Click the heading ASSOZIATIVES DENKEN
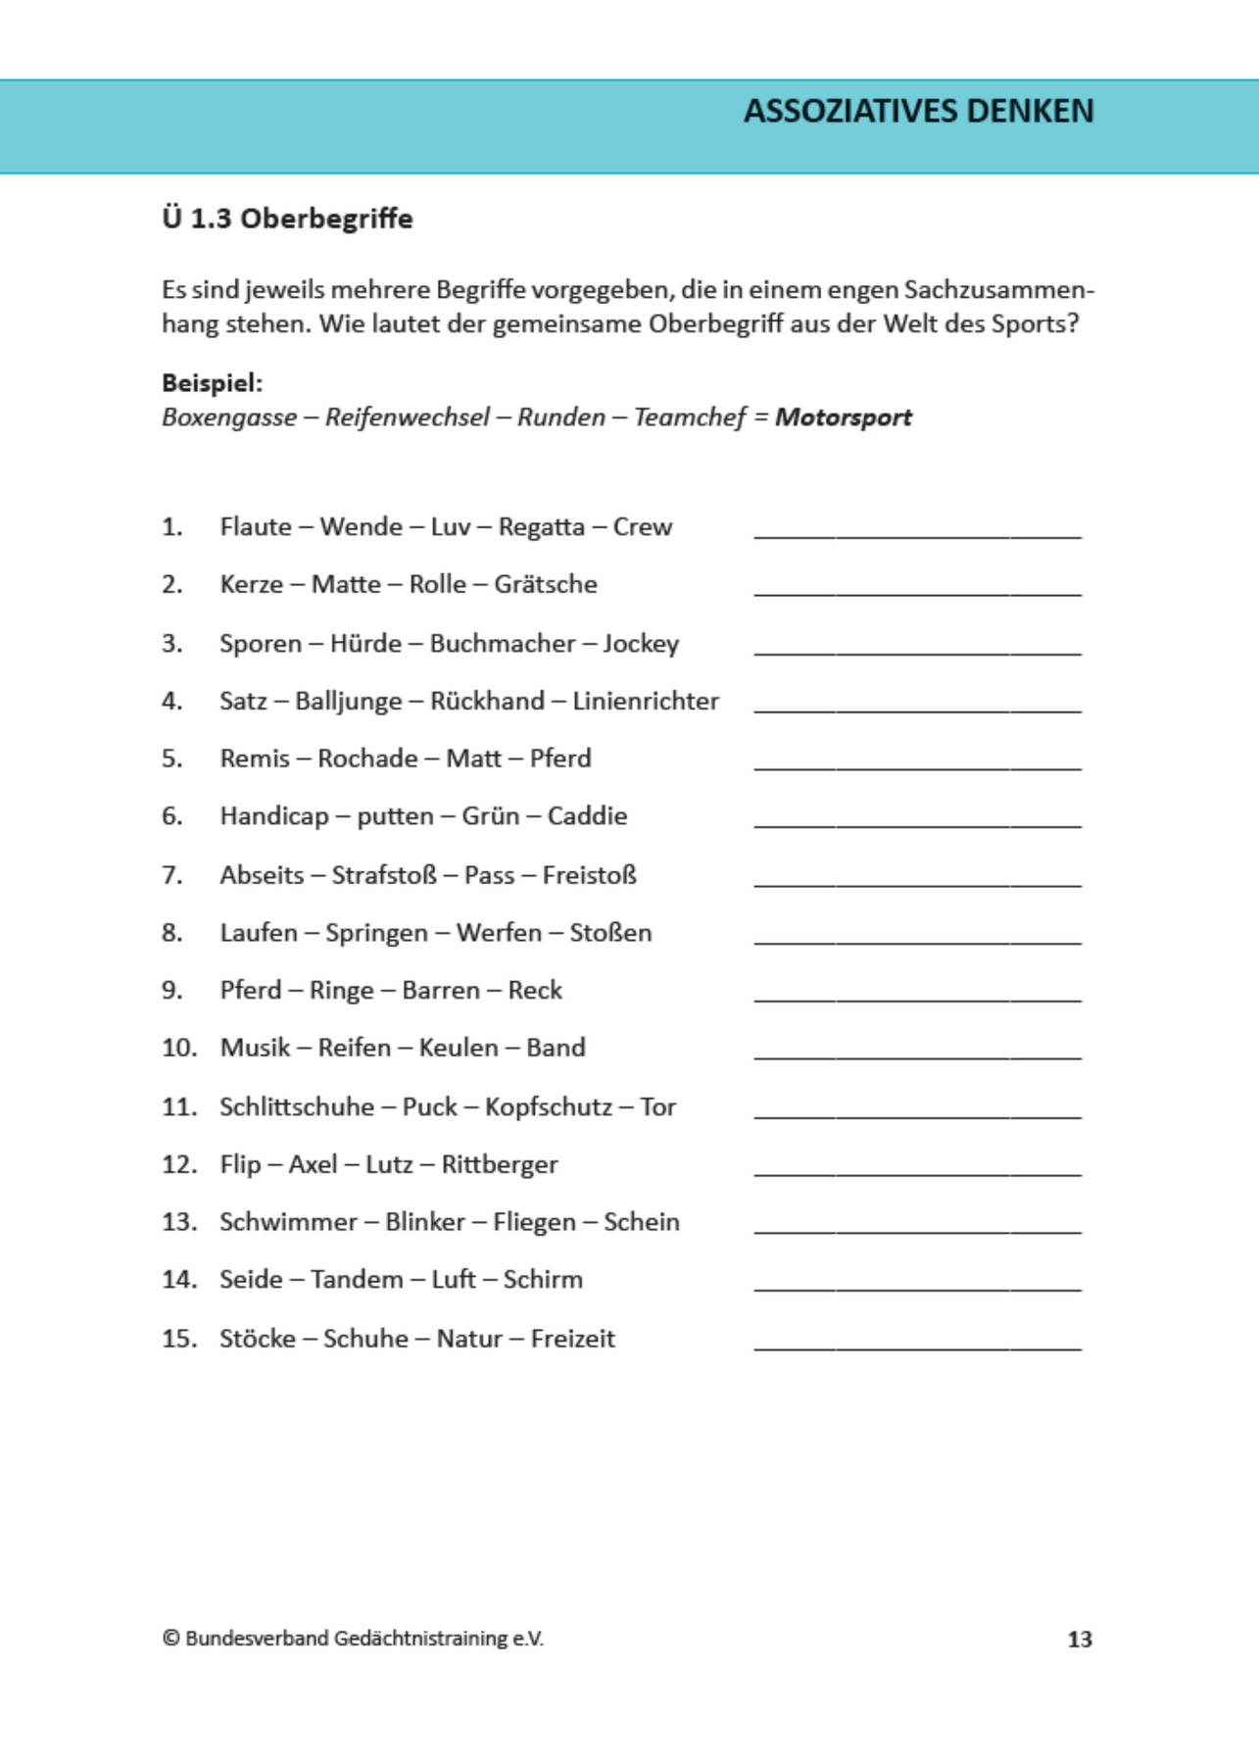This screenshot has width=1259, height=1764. coord(918,111)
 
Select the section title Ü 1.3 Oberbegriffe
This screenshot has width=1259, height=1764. coord(287,218)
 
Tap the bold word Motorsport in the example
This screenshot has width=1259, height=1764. coord(843,417)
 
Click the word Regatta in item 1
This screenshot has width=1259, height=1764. coord(541,527)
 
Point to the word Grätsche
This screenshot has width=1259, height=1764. coord(545,584)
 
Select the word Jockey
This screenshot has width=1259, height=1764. coord(640,644)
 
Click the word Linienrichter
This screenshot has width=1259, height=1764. coord(646,701)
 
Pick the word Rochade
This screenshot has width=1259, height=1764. coord(367,759)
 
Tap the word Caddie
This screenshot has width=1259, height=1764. coord(587,816)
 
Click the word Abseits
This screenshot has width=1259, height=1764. coord(262,875)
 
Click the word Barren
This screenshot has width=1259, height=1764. coord(441,991)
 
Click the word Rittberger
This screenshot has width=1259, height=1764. coord(499,1165)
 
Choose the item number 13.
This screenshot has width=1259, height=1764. coord(179,1222)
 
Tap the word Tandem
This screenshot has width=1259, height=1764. coord(357,1280)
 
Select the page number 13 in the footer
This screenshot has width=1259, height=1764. coord(1080,1639)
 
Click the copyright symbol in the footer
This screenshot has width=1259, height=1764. coord(171,1639)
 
